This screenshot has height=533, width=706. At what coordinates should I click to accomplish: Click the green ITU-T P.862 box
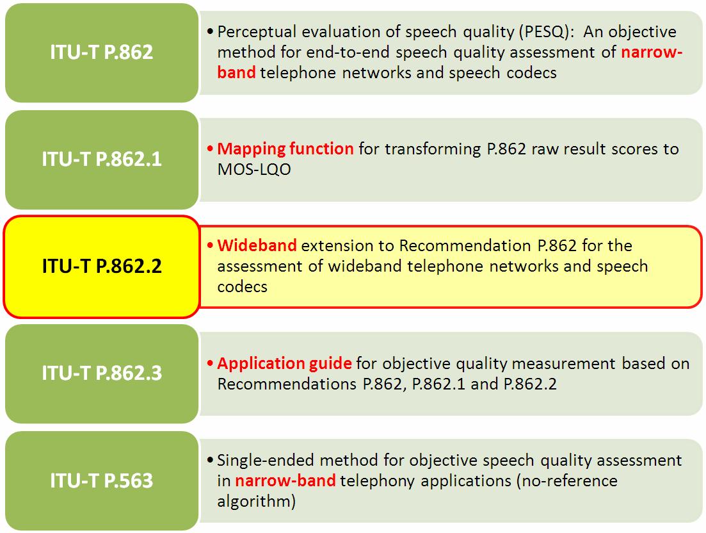[102, 53]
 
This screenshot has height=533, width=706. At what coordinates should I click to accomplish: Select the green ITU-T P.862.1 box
[102, 160]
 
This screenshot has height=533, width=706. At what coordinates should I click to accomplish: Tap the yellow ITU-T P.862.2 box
[102, 266]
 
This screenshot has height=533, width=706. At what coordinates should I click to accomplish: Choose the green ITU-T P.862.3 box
[102, 373]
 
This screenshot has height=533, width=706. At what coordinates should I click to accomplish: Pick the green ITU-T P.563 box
[102, 480]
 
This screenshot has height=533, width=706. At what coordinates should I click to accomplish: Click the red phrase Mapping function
[285, 149]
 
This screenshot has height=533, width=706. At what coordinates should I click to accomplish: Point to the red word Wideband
[257, 245]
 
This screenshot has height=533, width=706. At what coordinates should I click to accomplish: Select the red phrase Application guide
[285, 364]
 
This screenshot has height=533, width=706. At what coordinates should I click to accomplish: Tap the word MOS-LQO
[254, 169]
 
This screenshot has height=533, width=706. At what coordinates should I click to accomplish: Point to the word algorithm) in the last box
[256, 502]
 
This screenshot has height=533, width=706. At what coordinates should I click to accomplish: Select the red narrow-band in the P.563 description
[285, 480]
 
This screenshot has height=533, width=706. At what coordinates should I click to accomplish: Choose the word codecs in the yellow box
[242, 287]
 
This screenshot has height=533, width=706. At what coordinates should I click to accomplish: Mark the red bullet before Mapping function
[211, 149]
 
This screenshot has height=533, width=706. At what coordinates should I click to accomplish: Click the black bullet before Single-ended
[211, 461]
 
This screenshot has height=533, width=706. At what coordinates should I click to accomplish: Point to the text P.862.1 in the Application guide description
[438, 384]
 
